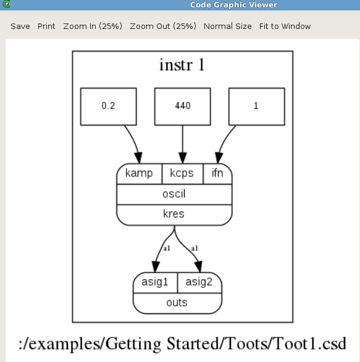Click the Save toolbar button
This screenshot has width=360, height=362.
click(20, 27)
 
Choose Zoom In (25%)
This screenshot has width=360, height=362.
click(93, 27)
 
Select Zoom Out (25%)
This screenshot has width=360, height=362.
click(163, 27)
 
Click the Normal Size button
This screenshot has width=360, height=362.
click(227, 27)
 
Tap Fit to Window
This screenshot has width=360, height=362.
click(285, 27)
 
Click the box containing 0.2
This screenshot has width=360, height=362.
click(109, 107)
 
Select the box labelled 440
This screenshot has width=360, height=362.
click(183, 107)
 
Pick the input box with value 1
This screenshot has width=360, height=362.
click(257, 107)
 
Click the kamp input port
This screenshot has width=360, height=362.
click(139, 174)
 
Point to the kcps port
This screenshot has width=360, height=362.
click(182, 174)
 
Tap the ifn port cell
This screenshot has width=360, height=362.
click(217, 174)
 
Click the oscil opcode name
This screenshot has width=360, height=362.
click(174, 194)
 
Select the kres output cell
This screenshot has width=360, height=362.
click(174, 215)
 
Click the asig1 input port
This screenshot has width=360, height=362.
click(155, 282)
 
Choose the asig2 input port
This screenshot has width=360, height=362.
click(199, 282)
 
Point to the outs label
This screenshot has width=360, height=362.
click(177, 303)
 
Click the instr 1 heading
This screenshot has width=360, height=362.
click(182, 65)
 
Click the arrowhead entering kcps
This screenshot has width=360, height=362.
click(183, 158)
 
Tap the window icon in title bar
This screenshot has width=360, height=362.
click(7, 4)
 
